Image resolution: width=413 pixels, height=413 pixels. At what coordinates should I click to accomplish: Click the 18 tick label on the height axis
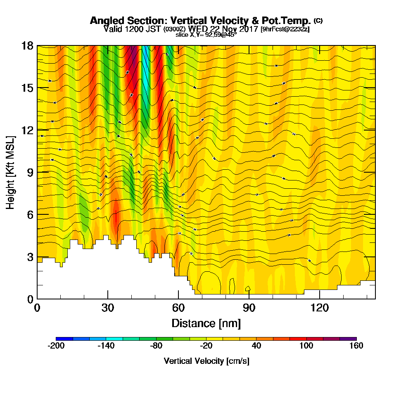[27, 46]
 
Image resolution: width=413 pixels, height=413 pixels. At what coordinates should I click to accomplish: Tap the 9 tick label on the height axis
[30, 172]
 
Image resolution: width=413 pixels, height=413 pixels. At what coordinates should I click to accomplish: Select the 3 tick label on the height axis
[30, 257]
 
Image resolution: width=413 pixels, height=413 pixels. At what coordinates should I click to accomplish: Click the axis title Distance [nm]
[206, 323]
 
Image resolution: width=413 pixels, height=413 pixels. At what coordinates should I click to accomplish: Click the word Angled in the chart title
[106, 21]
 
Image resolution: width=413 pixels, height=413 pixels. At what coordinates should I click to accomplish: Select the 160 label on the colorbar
[356, 346]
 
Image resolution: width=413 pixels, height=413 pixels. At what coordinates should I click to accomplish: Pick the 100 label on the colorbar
[306, 346]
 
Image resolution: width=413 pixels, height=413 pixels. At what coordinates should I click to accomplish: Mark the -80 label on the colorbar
[156, 346]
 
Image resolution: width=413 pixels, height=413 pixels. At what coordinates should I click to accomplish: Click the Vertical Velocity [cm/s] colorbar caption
[206, 361]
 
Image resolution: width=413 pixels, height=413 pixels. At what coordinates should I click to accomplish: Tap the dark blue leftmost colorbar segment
[64, 339]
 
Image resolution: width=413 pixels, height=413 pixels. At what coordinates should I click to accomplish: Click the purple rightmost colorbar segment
[348, 339]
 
